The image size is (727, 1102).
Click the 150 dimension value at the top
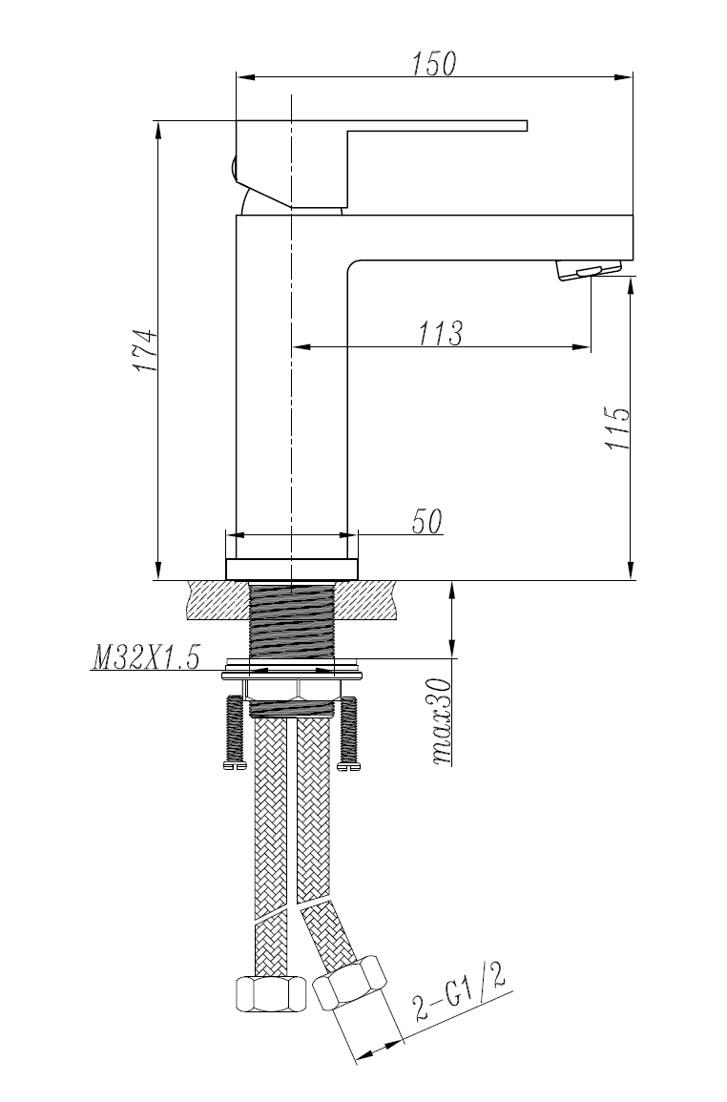434,64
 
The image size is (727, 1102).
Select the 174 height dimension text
145,350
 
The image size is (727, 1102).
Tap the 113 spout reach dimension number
441,333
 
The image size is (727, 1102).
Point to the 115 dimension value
616,428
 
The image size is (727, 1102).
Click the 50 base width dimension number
426,522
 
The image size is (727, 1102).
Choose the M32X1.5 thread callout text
146,657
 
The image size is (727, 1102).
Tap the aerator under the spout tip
590,270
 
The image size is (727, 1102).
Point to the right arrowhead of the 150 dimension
623,76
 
